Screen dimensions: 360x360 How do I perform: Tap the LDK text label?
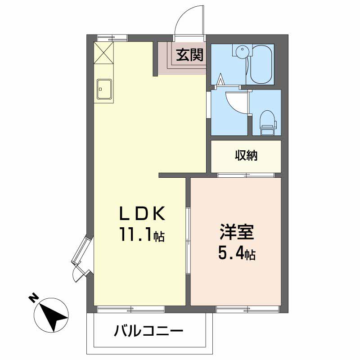point(142,213)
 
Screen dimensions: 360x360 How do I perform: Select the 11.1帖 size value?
point(142,234)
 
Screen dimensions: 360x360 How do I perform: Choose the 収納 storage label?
point(246,155)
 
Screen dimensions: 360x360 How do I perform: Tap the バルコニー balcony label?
point(148,331)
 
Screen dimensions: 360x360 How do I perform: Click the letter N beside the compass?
point(33,298)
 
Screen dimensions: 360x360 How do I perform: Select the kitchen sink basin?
point(104,89)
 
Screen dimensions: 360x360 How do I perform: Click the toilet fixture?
point(268,123)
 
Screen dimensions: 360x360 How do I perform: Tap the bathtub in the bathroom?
point(261,64)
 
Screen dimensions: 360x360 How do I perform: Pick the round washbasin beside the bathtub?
point(242,50)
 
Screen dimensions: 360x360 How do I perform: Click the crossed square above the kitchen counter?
point(104,53)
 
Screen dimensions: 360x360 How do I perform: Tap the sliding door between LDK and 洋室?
point(188,241)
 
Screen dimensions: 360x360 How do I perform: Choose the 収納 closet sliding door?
point(246,175)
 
